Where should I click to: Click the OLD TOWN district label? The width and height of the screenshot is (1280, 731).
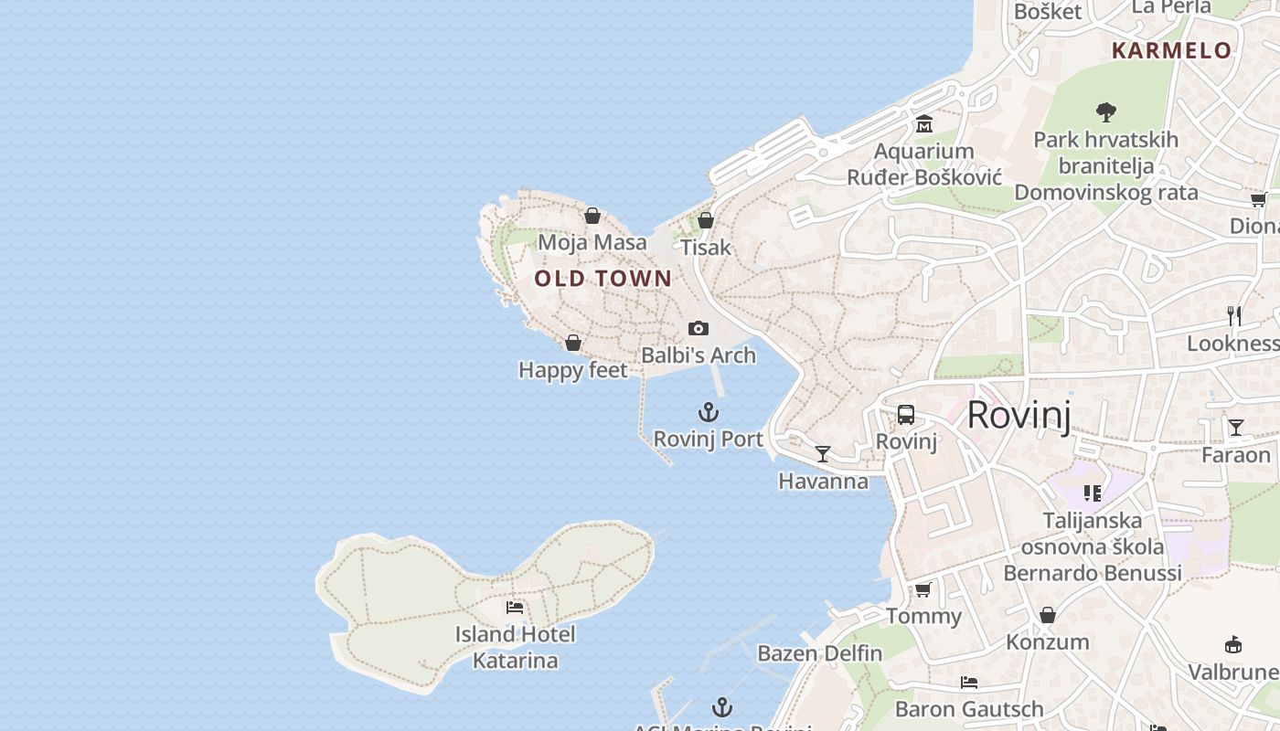[x=603, y=279]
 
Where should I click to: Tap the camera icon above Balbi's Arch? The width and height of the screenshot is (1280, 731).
[x=699, y=328]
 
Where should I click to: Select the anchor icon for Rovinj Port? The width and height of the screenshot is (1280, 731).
[x=709, y=412]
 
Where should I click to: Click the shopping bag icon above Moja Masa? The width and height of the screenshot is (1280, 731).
[x=592, y=216]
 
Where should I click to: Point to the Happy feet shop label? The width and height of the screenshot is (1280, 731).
[x=573, y=370]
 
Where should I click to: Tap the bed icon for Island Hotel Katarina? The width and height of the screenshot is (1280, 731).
[x=515, y=607]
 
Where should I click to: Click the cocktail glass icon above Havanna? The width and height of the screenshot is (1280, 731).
[x=823, y=453]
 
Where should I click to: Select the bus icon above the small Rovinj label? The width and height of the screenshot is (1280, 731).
[x=906, y=415]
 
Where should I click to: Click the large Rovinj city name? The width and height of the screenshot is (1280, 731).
[x=1018, y=415]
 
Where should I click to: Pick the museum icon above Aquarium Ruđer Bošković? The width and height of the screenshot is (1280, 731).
[x=924, y=123]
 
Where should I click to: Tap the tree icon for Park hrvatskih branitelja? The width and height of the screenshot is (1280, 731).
[x=1106, y=112]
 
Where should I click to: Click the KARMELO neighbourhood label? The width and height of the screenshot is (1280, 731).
[x=1172, y=50]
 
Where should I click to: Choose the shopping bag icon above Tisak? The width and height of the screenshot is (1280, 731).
[x=705, y=220]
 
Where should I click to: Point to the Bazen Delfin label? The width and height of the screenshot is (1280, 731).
[x=820, y=653]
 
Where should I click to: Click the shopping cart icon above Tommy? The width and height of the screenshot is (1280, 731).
[x=923, y=589]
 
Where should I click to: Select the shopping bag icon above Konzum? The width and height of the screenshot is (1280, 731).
[x=1048, y=615]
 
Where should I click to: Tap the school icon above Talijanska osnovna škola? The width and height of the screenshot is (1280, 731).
[x=1093, y=493]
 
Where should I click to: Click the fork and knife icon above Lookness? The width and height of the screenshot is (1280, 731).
[x=1234, y=316]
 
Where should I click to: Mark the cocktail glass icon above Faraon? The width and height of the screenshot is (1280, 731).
[x=1236, y=427]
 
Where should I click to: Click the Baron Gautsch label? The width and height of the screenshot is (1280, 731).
[x=969, y=709]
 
